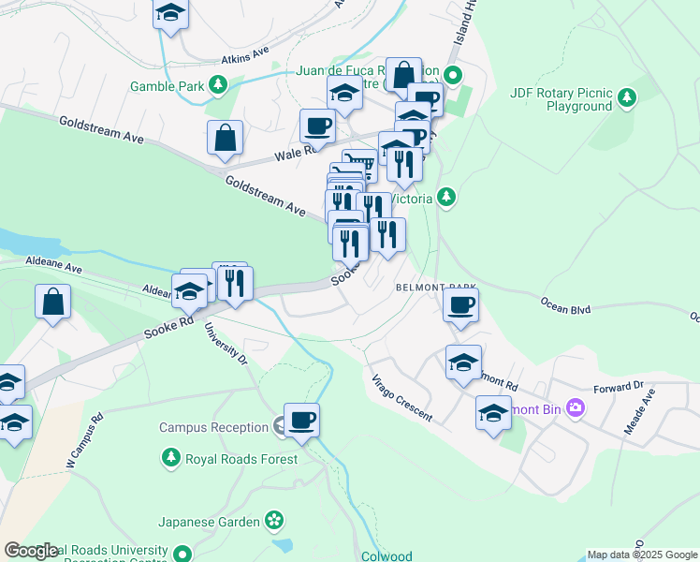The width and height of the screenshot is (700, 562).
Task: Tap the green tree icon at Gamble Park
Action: pos(218,86)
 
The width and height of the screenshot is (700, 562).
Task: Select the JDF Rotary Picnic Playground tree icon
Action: pos(626,96)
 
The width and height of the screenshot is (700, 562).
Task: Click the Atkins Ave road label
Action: pos(244,57)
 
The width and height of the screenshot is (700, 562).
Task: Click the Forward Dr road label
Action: pos(619,385)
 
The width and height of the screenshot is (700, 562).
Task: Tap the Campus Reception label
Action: pos(213,427)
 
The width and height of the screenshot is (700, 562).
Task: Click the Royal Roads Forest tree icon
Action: pos(171,458)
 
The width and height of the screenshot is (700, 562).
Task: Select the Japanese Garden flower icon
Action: pos(273,519)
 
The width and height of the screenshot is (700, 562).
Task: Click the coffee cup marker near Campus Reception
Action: pos(301,421)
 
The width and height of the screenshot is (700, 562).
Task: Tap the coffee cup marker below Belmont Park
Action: pos(460,304)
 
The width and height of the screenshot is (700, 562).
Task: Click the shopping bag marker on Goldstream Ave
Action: pos(226,139)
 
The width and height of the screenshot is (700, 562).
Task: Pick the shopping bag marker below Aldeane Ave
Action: pos(53,303)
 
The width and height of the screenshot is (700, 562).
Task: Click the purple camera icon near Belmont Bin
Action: pos(575,407)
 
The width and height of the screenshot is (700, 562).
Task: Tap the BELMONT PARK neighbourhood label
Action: pos(436,287)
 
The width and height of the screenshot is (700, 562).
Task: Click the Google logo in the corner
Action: pos(31,551)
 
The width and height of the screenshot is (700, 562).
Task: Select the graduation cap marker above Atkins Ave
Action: pos(170,13)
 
